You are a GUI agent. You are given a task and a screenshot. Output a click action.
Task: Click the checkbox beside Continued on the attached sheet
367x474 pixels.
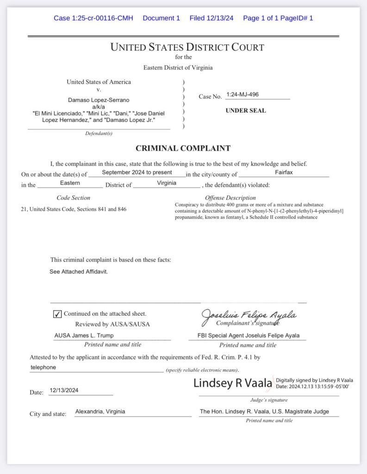pyautogui.click(x=57, y=314)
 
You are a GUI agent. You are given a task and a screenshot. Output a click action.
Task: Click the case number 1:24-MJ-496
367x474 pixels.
pyautogui.click(x=243, y=94)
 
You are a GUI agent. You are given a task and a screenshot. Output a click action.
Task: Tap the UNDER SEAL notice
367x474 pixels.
pyautogui.click(x=245, y=111)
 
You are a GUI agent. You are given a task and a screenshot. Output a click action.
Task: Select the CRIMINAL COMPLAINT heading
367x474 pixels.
pyautogui.click(x=183, y=149)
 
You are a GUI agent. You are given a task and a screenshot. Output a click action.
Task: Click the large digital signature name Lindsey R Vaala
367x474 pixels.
pyautogui.click(x=232, y=383)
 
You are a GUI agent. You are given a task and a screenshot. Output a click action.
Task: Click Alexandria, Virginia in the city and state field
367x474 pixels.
pyautogui.click(x=100, y=412)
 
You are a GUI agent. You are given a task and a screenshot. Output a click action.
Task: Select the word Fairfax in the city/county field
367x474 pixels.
pyautogui.click(x=284, y=172)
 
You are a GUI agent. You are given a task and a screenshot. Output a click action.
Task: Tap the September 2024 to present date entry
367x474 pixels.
pyautogui.click(x=137, y=172)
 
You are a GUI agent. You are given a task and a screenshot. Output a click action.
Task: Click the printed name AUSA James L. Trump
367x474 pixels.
pyautogui.click(x=84, y=336)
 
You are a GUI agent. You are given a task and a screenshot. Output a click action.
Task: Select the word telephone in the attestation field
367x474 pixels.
pyautogui.click(x=43, y=367)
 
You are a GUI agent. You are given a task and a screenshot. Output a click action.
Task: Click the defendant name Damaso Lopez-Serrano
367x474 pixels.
pyautogui.click(x=99, y=100)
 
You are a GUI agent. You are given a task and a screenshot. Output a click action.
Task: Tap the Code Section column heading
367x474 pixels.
pyautogui.click(x=73, y=198)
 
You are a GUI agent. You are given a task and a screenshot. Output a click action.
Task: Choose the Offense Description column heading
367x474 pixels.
pyautogui.click(x=230, y=198)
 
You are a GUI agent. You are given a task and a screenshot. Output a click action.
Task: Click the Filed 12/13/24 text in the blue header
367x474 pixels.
pyautogui.click(x=211, y=18)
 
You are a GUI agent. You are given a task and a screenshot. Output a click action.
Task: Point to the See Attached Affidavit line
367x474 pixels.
pyautogui.click(x=79, y=272)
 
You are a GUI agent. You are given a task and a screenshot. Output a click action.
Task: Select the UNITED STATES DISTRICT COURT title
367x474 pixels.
pyautogui.click(x=187, y=47)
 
